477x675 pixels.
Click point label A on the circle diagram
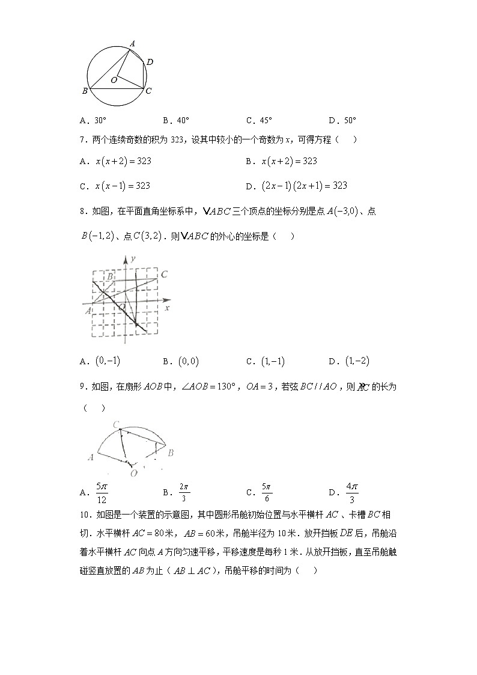[132, 43]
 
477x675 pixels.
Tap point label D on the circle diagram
[150, 61]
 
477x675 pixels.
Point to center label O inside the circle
[113, 79]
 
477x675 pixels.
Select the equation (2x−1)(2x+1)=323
[305, 186]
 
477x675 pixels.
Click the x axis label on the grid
[166, 308]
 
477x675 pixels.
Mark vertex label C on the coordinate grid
[163, 275]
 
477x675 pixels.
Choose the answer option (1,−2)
[357, 361]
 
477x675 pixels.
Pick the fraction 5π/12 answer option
[101, 493]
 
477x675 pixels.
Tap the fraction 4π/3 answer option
[352, 493]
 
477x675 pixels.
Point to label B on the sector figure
[171, 452]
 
